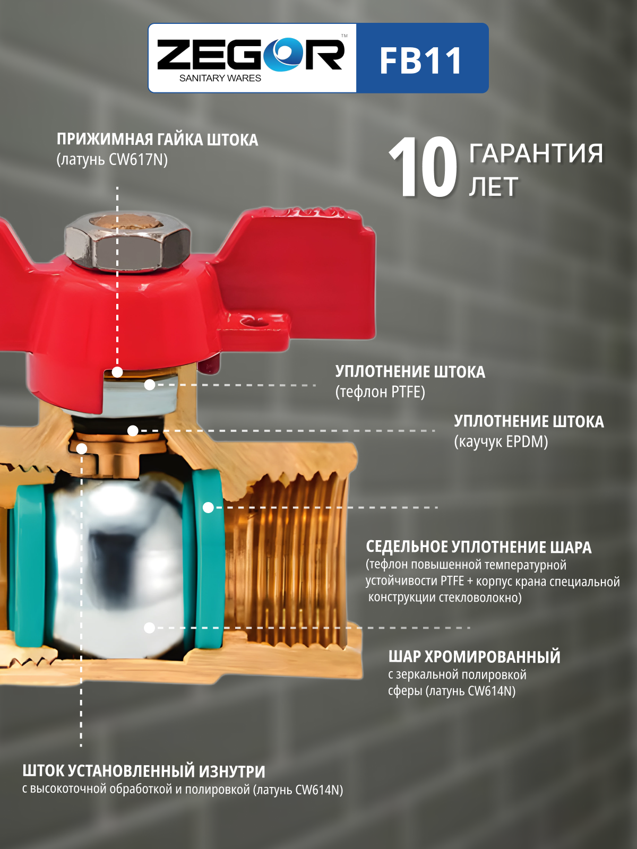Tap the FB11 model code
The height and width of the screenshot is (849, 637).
(x=421, y=60)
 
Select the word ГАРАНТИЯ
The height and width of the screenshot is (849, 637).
(x=536, y=153)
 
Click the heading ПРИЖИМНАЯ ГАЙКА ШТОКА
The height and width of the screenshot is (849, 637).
(x=158, y=140)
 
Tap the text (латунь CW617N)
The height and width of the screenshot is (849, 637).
(x=112, y=160)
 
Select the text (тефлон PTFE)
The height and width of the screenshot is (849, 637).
(x=380, y=392)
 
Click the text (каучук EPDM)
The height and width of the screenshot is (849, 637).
(x=501, y=441)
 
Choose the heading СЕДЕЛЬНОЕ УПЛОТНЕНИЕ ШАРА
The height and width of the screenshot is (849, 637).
(x=479, y=547)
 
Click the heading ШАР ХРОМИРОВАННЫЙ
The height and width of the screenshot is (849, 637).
(x=474, y=657)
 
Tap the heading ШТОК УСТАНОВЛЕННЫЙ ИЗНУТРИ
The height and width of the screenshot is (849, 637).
(x=144, y=771)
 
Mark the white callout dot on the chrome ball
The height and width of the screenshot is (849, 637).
(x=149, y=628)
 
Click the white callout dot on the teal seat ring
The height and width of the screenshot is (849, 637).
(x=208, y=507)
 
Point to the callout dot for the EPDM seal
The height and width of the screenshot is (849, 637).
(x=133, y=430)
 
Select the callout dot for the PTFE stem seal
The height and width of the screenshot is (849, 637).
(x=150, y=385)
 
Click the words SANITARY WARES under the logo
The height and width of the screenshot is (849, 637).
(x=220, y=78)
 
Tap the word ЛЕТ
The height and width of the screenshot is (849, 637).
(x=494, y=187)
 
